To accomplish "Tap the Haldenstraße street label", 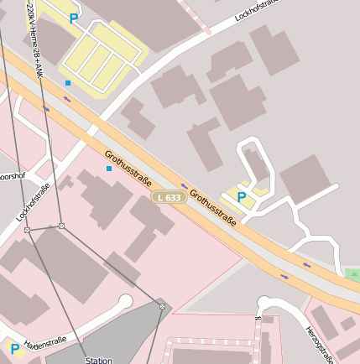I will click(x=45, y=342).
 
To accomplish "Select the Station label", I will click(x=99, y=360).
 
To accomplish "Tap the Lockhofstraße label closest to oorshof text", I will click(x=34, y=201).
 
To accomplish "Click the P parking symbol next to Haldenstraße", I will click(x=14, y=348).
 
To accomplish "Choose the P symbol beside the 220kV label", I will click(x=74, y=18).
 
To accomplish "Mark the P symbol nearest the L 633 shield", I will click(x=242, y=197).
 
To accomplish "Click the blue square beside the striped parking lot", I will click(x=68, y=82).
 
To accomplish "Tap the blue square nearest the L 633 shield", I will click(x=108, y=169).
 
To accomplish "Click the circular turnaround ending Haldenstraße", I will click(x=126, y=301).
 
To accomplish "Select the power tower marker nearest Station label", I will click(x=162, y=306).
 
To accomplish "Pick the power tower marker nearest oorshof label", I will click(x=27, y=230).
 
